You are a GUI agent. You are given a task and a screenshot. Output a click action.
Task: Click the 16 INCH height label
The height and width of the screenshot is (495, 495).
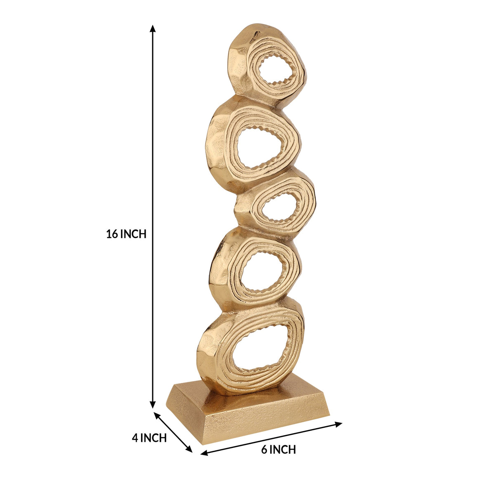coord(126,234)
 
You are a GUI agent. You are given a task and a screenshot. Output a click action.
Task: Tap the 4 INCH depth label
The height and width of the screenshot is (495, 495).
coord(149,438)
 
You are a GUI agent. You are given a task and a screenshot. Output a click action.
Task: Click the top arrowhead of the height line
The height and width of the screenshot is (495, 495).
coord(153,28)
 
